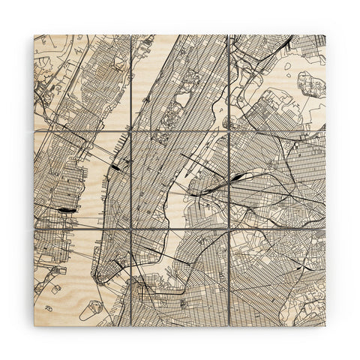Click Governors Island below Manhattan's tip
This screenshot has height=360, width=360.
[x=92, y=307]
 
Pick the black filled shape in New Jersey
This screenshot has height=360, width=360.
[x=66, y=211]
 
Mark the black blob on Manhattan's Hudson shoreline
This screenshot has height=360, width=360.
[x=114, y=167]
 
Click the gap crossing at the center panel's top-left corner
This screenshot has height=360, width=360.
[x=131, y=131]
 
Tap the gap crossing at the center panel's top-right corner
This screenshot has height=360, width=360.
[x=229, y=131]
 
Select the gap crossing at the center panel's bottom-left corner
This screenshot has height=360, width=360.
[x=131, y=229]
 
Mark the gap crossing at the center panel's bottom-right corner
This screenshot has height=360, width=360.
[x=229, y=229]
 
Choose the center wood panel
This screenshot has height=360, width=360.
[x=180, y=180]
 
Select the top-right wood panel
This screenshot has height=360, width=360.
[x=277, y=82]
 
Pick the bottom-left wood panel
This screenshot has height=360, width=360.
[x=82, y=277]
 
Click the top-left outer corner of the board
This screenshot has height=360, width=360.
[x=34, y=34]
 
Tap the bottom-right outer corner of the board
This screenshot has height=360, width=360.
[x=325, y=325]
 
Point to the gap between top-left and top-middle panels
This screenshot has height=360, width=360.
[x=131, y=82]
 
